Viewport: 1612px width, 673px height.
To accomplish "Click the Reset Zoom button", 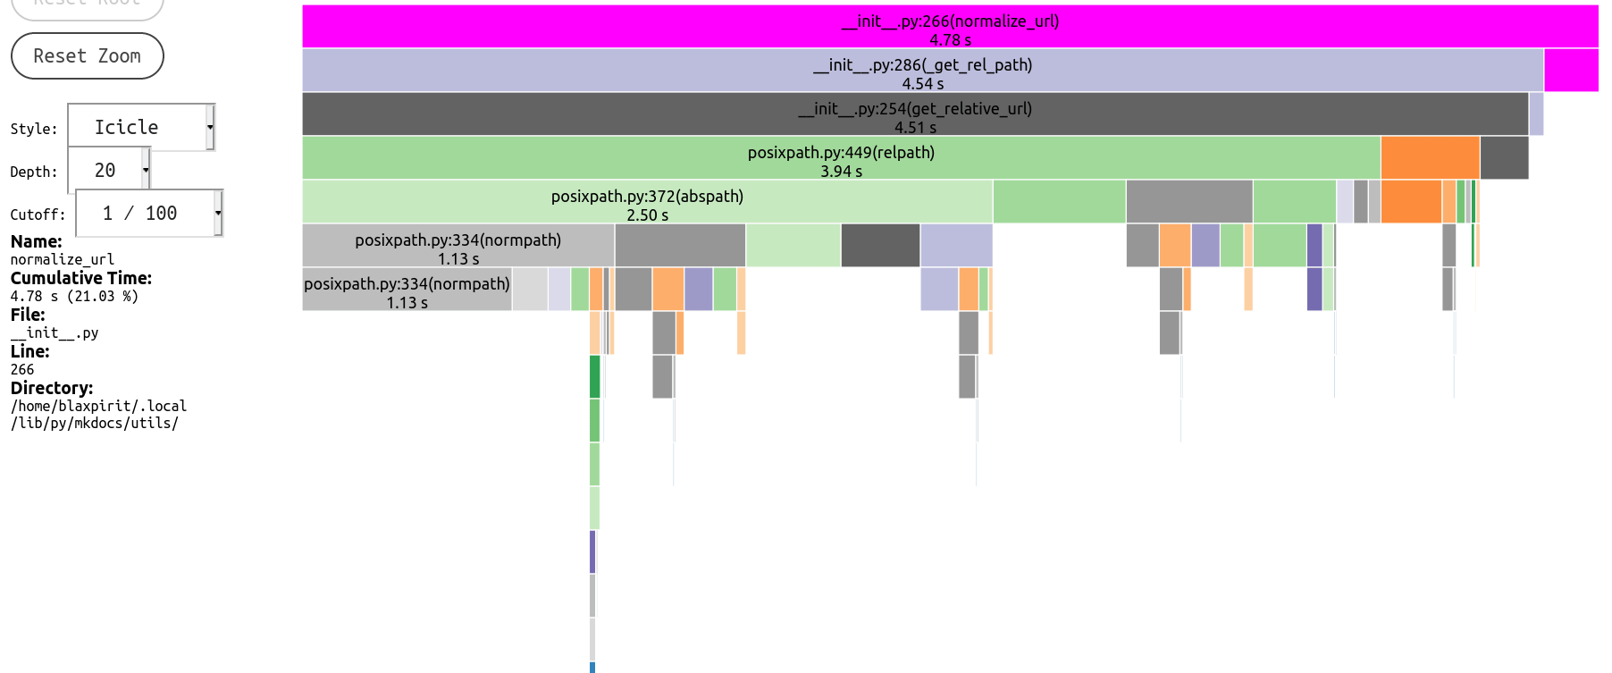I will [x=87, y=55].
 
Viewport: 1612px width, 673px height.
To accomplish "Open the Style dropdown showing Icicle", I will [x=141, y=127].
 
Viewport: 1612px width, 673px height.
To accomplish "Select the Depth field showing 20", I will [x=109, y=170].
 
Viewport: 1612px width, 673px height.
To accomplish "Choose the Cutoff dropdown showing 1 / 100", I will [x=148, y=213].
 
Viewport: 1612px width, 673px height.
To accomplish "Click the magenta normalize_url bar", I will [x=949, y=27].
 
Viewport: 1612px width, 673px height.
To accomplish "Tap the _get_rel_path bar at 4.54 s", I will [x=922, y=71].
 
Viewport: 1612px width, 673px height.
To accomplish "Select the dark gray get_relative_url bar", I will [x=914, y=114].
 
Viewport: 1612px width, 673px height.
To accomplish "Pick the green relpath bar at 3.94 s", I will [x=840, y=158].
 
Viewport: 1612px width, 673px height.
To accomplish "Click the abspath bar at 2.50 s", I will [x=646, y=202].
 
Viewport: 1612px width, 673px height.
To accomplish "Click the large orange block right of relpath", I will [x=1430, y=158].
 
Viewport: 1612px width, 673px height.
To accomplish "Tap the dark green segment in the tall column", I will [x=594, y=376].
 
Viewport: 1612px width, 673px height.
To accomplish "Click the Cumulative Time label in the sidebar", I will [x=81, y=278].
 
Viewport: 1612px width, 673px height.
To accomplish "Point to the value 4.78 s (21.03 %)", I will [x=74, y=296].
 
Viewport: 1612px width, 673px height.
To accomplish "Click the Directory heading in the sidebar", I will [x=52, y=388].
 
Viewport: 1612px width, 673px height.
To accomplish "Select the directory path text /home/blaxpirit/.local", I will [x=98, y=406].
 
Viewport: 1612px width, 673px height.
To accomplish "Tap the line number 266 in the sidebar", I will [x=22, y=369].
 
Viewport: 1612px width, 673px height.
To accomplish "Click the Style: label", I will [x=34, y=129].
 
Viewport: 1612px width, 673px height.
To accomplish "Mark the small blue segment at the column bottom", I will [x=592, y=667].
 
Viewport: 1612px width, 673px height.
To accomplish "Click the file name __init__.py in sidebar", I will [x=55, y=332].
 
